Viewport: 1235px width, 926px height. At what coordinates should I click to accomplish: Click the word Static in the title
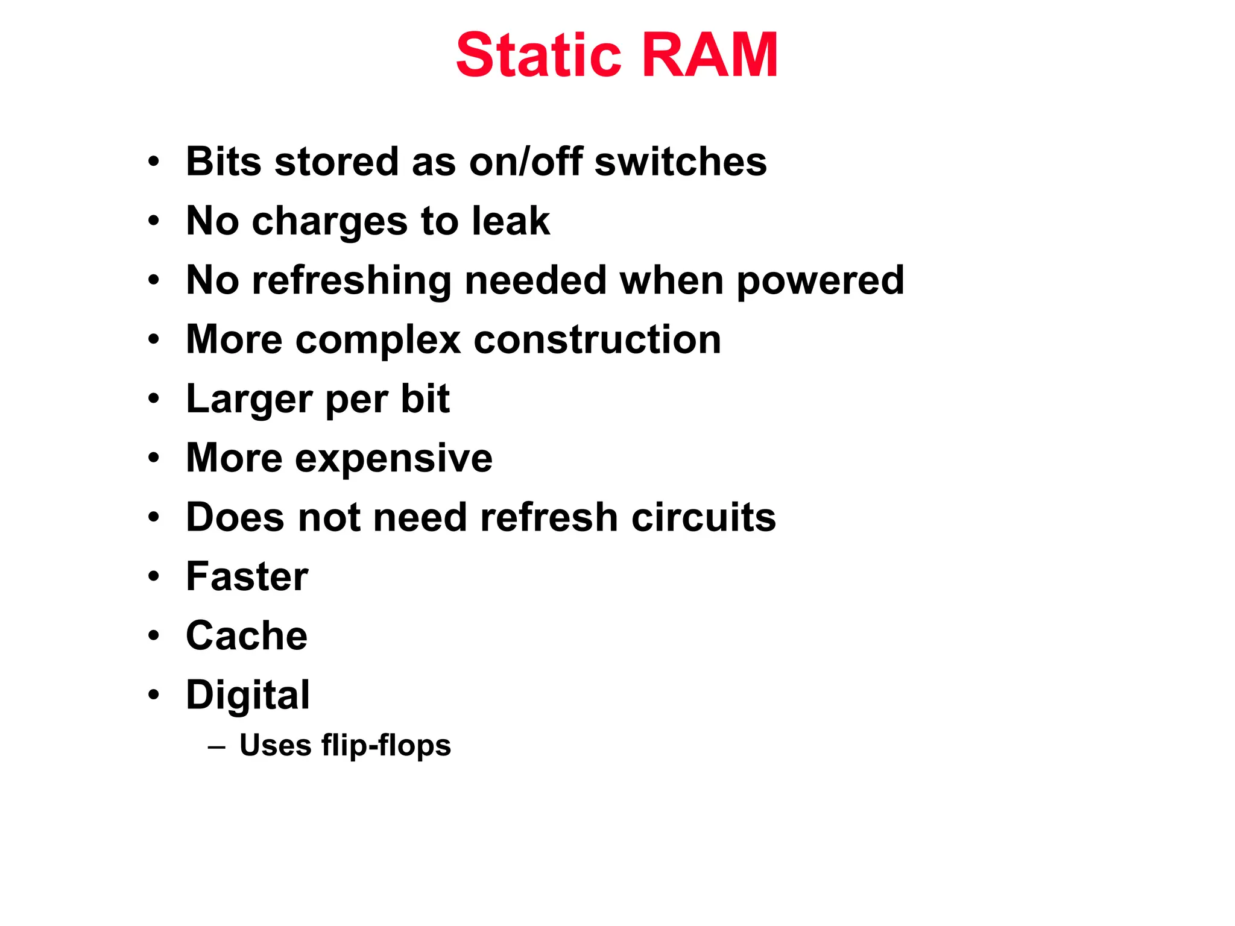(x=538, y=55)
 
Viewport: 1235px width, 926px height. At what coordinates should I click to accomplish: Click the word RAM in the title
(x=710, y=55)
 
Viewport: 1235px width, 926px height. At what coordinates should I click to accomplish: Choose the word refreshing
(x=351, y=282)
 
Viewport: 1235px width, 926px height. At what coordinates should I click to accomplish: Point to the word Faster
(x=247, y=577)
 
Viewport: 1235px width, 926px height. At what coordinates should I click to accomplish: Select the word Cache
(x=247, y=636)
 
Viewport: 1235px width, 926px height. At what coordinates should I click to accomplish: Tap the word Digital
(x=248, y=696)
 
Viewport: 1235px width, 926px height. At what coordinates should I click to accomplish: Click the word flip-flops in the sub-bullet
(x=386, y=746)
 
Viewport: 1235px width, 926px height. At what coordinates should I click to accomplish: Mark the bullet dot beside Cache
(x=154, y=636)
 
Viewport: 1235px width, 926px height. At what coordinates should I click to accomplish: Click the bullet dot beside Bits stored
(x=154, y=162)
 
